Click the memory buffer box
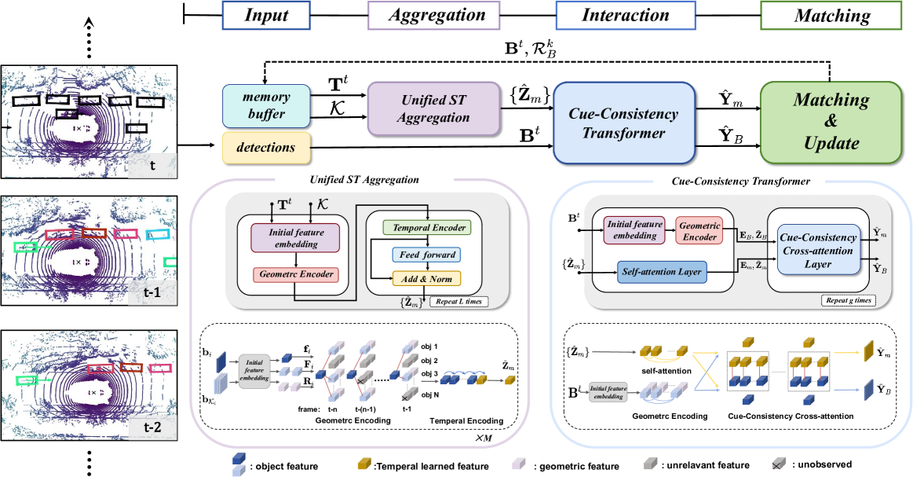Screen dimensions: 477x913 pyautogui.click(x=267, y=106)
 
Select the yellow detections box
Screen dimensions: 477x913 pyautogui.click(x=267, y=147)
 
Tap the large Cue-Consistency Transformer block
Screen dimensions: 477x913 pyautogui.click(x=623, y=123)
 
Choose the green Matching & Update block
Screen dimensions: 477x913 pyautogui.click(x=830, y=123)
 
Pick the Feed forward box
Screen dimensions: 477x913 pyautogui.click(x=426, y=255)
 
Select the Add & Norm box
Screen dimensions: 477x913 pyautogui.click(x=426, y=277)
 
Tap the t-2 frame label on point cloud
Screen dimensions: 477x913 pyautogui.click(x=154, y=427)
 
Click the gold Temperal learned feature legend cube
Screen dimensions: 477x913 pyautogui.click(x=364, y=464)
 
